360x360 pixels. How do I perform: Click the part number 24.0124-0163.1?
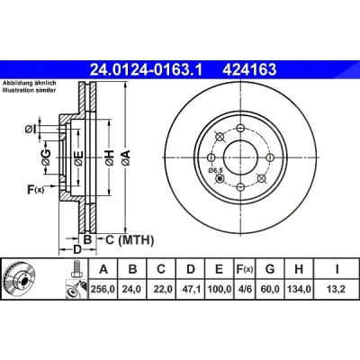147,70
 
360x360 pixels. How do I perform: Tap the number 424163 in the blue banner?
248,70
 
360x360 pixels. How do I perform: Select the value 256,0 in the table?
103,289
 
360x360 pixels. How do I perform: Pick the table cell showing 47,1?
191,289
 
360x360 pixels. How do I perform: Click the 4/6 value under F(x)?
244,289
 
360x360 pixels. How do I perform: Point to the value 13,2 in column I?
337,289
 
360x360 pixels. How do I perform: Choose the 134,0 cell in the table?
299,289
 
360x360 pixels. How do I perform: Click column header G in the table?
270,269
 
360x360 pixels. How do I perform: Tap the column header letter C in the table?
161,269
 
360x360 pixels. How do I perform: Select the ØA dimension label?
126,157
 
